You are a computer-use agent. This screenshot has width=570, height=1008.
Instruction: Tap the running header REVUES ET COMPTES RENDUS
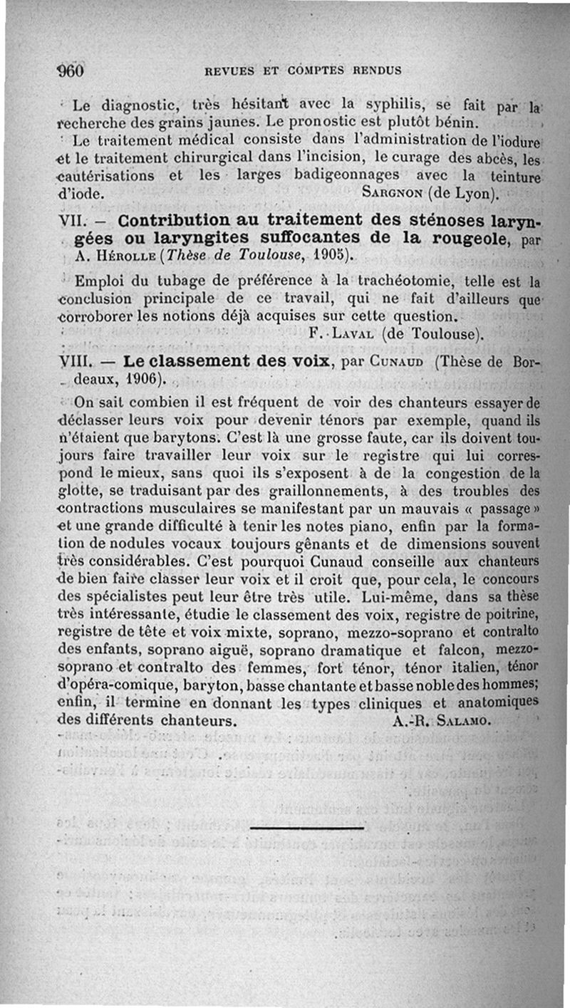pos(303,71)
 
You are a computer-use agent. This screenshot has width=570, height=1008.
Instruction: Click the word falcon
pos(464,651)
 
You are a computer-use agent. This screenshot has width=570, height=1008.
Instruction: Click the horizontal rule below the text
pos(307,828)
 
